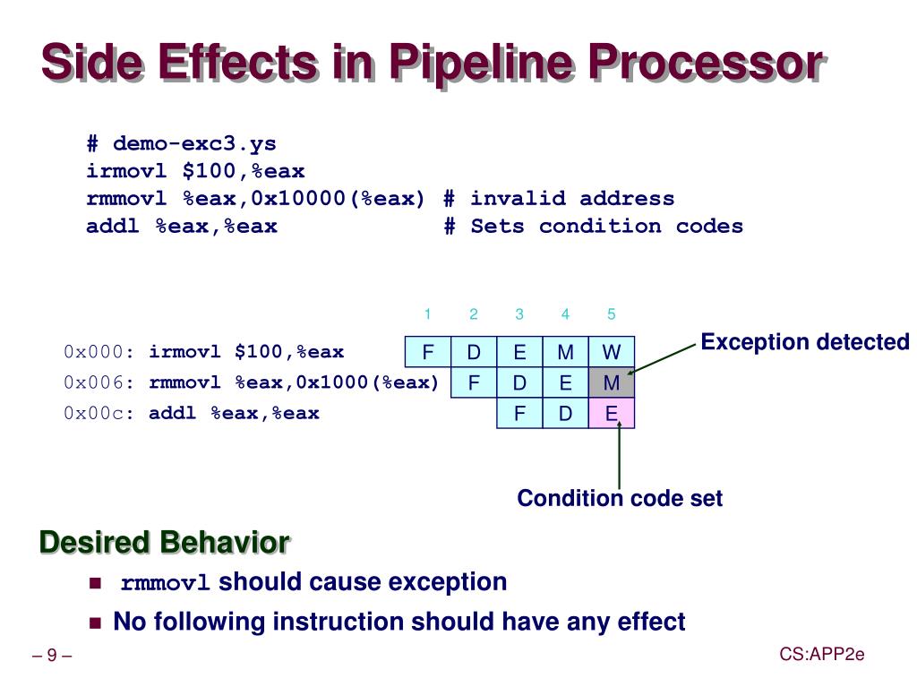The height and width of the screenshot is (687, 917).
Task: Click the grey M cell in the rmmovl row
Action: click(x=612, y=383)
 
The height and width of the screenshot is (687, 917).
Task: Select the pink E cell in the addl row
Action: click(x=612, y=414)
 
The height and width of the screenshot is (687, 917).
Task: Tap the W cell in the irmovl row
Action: click(x=612, y=352)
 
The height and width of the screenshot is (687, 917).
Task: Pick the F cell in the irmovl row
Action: click(x=428, y=352)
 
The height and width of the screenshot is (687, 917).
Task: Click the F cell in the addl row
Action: click(x=519, y=414)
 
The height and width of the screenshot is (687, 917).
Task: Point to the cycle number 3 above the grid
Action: click(x=519, y=314)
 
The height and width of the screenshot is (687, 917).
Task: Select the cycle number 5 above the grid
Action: click(x=612, y=314)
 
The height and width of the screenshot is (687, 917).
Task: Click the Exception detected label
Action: click(x=804, y=342)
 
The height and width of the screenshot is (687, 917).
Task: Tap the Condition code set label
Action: click(x=620, y=498)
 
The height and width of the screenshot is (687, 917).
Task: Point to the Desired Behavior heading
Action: click(x=164, y=543)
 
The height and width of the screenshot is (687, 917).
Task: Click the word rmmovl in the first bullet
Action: click(x=166, y=584)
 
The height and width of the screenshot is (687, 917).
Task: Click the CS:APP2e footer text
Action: click(x=821, y=655)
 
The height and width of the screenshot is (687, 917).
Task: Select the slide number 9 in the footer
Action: click(x=52, y=657)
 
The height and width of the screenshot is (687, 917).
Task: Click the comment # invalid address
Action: click(x=559, y=199)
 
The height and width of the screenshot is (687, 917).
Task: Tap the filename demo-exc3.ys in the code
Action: click(x=194, y=144)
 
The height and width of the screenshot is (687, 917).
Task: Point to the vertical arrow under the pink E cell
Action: click(x=619, y=457)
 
